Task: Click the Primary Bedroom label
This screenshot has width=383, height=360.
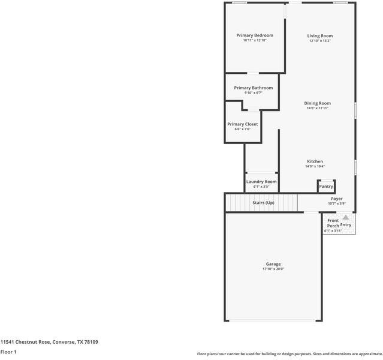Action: (254, 35)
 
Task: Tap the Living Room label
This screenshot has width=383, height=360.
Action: (320, 36)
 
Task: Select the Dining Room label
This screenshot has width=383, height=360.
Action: (317, 103)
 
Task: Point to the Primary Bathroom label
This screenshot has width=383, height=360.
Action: (253, 88)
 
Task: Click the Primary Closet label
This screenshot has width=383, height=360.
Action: (242, 124)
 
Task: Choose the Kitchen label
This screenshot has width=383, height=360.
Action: (315, 161)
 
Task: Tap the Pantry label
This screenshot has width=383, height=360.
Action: (325, 187)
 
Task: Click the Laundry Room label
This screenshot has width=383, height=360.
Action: (261, 181)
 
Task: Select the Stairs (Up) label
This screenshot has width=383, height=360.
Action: (263, 203)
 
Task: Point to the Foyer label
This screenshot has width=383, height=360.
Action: (337, 199)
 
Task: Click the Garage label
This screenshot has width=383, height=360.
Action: (273, 264)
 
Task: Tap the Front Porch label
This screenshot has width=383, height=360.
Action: (333, 223)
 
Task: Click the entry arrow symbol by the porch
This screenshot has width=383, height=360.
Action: (346, 218)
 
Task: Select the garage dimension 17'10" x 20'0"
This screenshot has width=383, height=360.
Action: (273, 269)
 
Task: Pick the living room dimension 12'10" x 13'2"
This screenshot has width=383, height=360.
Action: (320, 41)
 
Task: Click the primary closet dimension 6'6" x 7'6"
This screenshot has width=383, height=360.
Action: (242, 129)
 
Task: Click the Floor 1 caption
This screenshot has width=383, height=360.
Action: (8, 352)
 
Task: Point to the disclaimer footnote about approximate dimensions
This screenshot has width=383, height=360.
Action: (289, 354)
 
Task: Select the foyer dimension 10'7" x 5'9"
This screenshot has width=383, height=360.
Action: (337, 203)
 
